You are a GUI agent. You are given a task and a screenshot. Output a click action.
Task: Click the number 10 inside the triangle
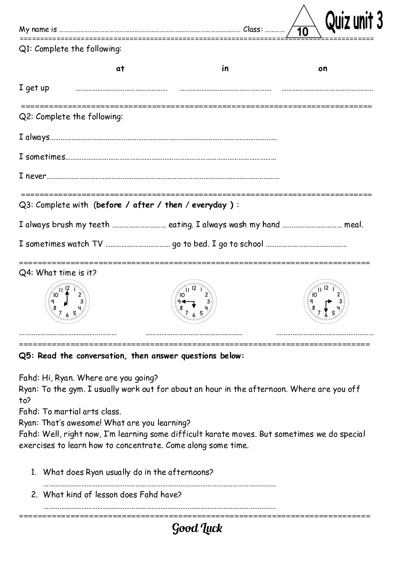[x=303, y=32]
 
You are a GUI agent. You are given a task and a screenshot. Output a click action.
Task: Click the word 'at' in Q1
[x=120, y=69]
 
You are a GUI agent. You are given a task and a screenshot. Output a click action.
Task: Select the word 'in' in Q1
[x=225, y=69]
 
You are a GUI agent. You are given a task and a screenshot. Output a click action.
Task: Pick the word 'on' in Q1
[x=323, y=69]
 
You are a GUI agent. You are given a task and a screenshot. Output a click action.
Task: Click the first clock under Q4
[x=67, y=302]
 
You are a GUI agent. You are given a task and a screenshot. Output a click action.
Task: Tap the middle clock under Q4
[x=194, y=302]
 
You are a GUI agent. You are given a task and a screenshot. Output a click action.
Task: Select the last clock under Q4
[x=326, y=302]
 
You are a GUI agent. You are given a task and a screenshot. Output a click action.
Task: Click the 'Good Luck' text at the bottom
[x=197, y=528]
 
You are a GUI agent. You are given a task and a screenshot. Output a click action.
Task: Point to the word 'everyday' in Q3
[x=209, y=205]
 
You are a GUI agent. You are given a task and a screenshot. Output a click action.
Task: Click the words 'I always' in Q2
[x=34, y=137]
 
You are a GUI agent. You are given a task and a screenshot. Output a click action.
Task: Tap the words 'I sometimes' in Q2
[x=42, y=157]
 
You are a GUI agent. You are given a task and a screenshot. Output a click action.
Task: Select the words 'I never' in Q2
[x=32, y=176]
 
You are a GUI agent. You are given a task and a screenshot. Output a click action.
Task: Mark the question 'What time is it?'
[x=66, y=273]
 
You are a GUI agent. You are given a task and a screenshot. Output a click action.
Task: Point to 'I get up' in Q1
[x=34, y=88]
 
